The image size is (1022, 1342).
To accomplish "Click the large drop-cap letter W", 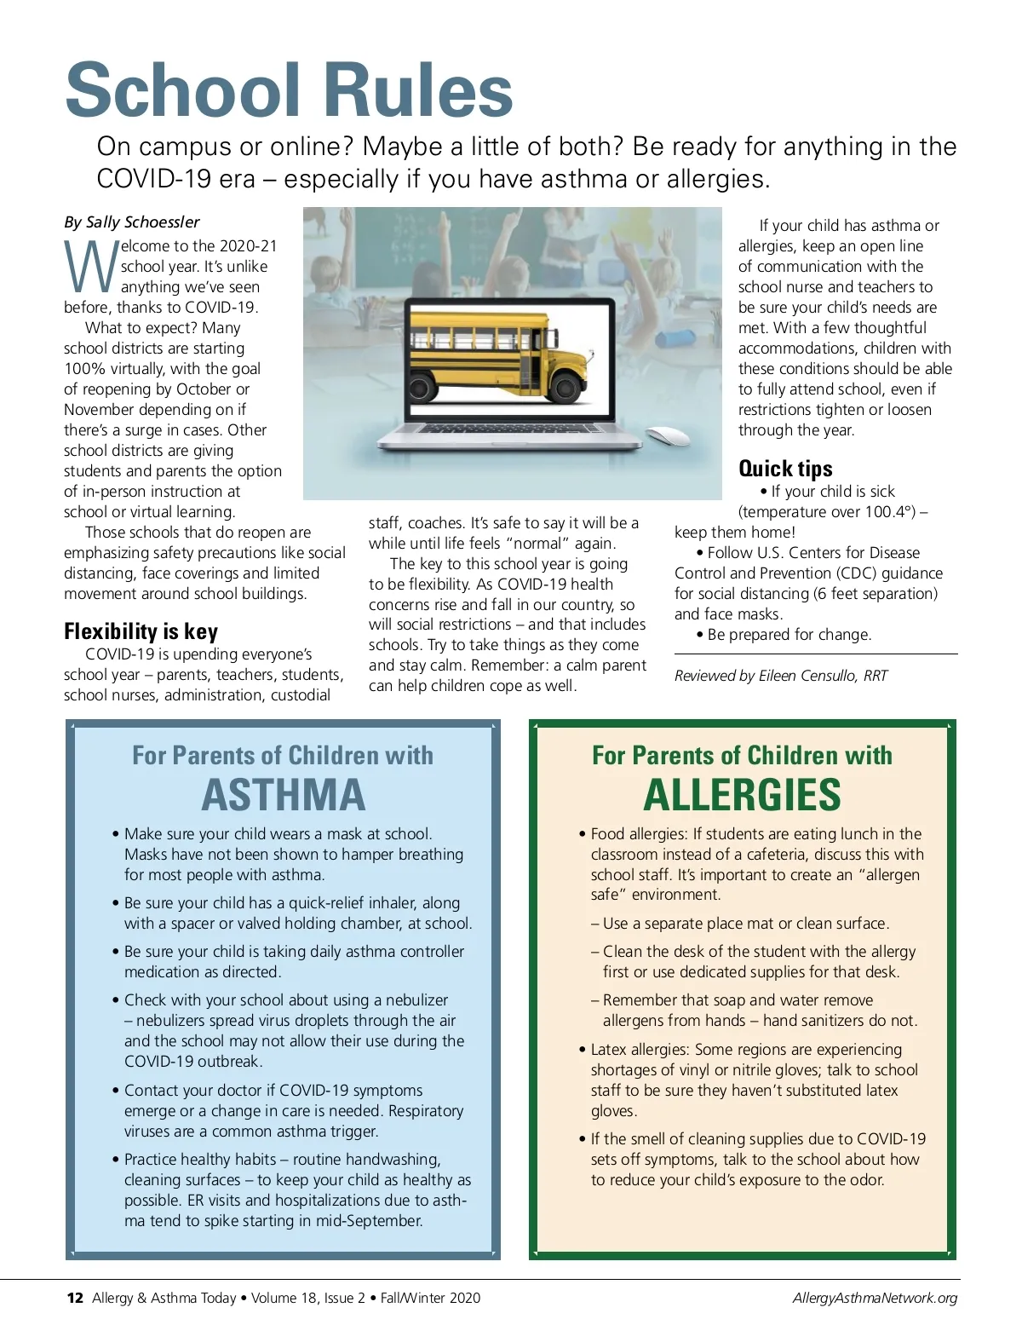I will pos(90,267).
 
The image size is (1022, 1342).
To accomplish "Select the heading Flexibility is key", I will pos(141,631).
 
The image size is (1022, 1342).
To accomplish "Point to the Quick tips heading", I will pos(785,469).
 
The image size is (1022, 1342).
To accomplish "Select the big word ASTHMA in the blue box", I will pos(283,795).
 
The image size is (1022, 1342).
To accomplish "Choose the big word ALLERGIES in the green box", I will pos(742,795).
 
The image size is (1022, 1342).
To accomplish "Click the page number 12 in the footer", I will pos(75,1298).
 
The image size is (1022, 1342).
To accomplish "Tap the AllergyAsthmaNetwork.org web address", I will pos(875,1298).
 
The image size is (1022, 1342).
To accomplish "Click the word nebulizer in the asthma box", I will pos(416,1000).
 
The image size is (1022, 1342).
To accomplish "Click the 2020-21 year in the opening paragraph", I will pos(245,246).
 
